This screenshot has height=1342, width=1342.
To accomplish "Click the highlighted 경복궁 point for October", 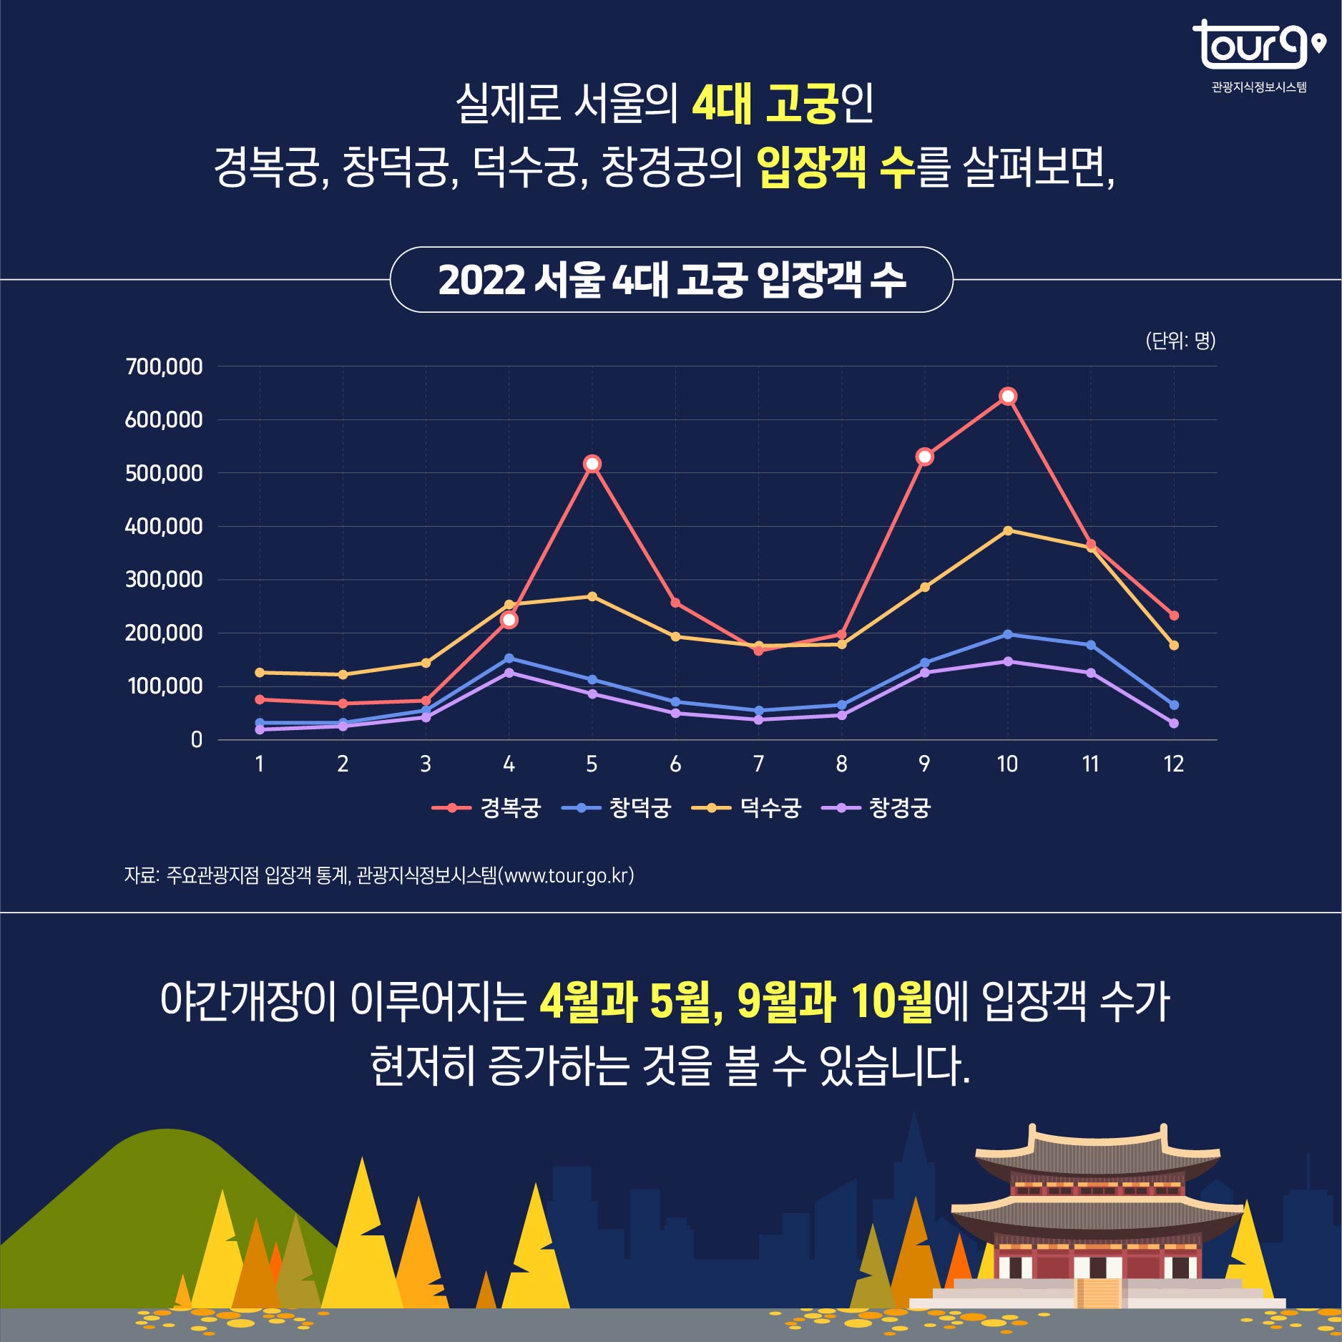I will [1007, 397].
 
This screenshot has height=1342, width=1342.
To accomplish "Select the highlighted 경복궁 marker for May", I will [592, 464].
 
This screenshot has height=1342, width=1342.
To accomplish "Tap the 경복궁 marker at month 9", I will [924, 457].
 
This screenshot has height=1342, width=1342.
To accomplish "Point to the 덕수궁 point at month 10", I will [1007, 530].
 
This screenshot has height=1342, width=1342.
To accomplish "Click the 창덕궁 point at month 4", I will [509, 658].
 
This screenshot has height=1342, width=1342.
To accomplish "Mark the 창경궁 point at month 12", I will [1173, 724].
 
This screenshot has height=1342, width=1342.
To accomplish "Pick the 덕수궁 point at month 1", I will [260, 672].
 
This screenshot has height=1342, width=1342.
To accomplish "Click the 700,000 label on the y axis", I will [164, 366].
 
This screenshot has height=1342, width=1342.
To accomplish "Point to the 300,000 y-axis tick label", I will [164, 579].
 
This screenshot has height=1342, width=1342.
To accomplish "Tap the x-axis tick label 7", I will [758, 764].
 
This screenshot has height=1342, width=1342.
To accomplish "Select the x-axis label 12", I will [1173, 764].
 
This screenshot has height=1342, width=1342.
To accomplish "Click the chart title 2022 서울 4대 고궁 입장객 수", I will [671, 280].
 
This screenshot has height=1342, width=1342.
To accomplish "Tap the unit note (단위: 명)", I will [1180, 341].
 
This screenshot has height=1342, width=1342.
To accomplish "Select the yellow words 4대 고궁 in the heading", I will [764, 104].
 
